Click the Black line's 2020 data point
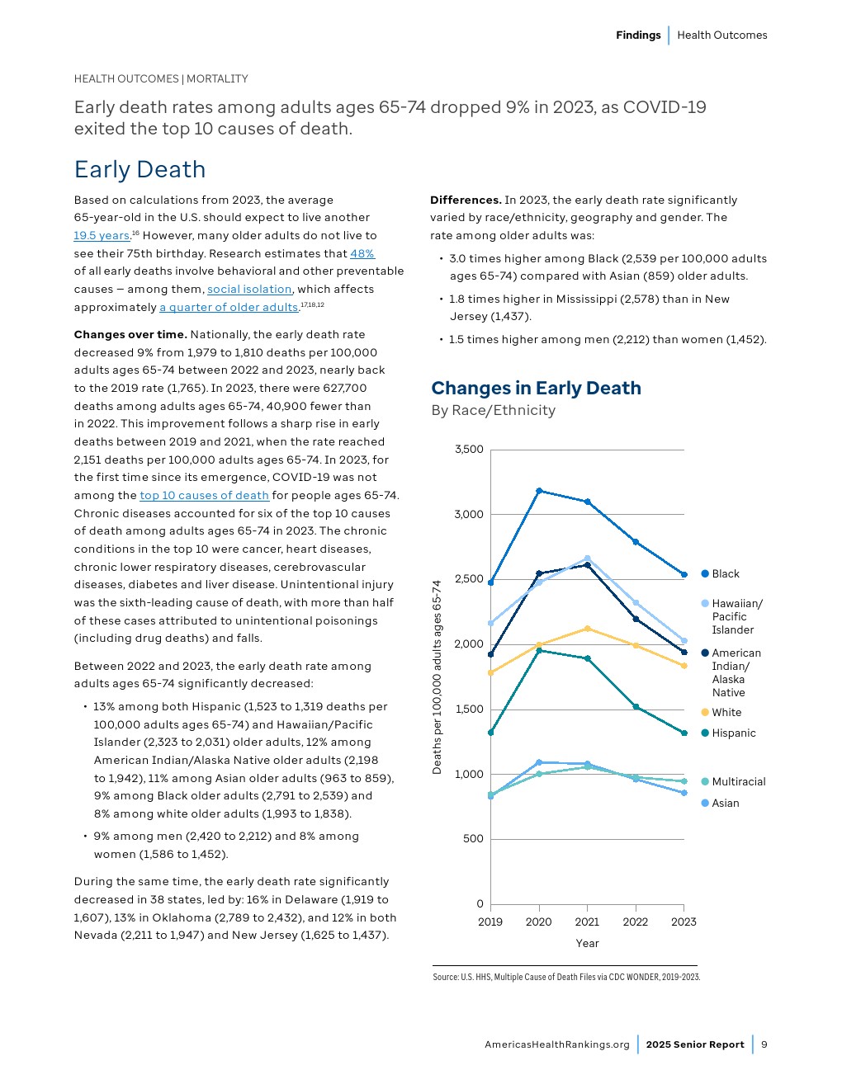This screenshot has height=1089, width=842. (539, 491)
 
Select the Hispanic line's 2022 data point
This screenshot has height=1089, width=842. (636, 707)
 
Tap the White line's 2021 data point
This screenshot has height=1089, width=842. (587, 629)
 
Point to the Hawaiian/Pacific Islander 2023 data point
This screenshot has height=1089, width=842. (684, 641)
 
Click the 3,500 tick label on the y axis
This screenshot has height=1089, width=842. (469, 450)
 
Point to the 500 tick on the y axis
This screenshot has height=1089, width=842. (474, 839)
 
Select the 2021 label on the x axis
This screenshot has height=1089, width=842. (587, 922)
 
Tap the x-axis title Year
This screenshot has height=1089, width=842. (587, 943)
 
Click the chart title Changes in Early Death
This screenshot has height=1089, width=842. (536, 388)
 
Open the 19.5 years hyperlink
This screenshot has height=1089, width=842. (102, 235)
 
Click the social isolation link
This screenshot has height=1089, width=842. (249, 289)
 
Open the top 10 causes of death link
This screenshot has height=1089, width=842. (204, 495)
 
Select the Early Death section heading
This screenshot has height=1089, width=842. (140, 169)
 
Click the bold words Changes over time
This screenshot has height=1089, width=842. (130, 334)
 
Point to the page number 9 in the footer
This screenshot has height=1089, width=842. (764, 1044)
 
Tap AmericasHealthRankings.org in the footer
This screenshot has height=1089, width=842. (556, 1044)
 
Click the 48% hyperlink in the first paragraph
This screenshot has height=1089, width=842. (362, 253)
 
